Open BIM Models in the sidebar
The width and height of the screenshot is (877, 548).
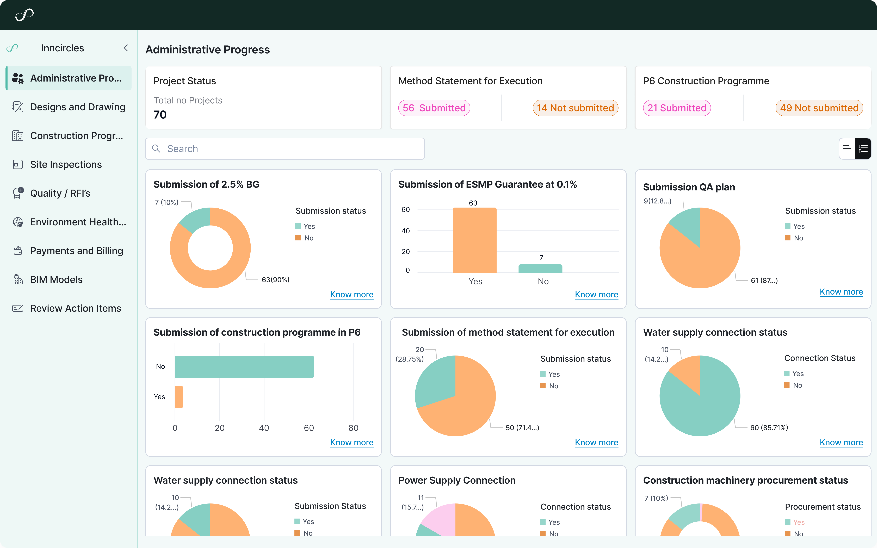tap(56, 279)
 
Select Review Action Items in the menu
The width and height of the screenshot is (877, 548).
tap(75, 308)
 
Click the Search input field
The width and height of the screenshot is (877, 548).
tap(285, 149)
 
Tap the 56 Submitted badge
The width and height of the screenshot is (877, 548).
tap(434, 108)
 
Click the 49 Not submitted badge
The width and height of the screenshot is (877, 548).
tap(819, 108)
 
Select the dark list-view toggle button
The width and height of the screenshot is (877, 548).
tap(863, 149)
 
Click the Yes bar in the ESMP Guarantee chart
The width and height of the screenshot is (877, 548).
tap(474, 240)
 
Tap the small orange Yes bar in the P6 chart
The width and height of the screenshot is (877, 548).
tap(179, 397)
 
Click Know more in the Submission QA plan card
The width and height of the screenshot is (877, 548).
tap(841, 292)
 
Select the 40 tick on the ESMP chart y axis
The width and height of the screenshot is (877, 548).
tap(405, 231)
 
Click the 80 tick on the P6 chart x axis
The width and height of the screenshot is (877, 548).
tap(353, 428)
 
